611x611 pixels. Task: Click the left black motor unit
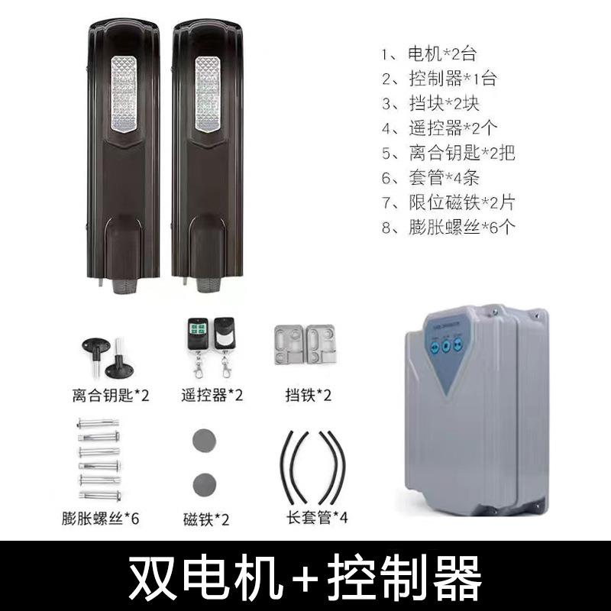pos(123,160)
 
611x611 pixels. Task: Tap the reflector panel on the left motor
pos(123,95)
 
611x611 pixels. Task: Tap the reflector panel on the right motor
pos(208,95)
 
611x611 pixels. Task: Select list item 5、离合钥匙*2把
pos(451,152)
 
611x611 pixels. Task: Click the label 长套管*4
pos(312,518)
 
